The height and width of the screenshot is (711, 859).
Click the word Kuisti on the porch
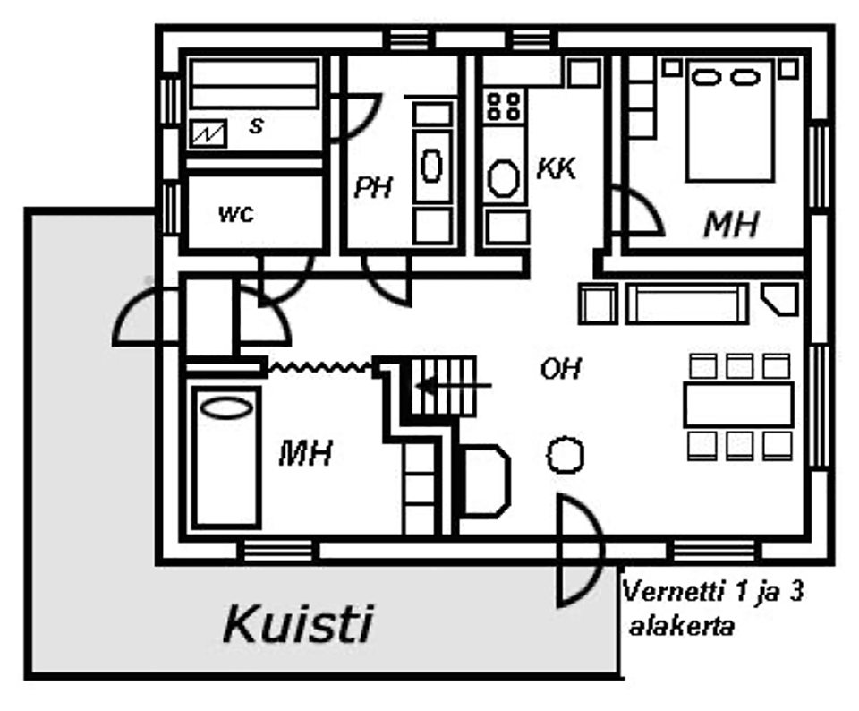[297, 623]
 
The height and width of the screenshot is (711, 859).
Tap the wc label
[236, 215]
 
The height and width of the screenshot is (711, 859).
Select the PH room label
[373, 189]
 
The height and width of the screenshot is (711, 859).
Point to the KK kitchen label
[556, 168]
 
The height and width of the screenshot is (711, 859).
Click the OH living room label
[561, 368]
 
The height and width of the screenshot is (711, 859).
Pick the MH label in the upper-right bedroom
[731, 225]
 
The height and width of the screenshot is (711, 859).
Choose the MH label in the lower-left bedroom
[305, 453]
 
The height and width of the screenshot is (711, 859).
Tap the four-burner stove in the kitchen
[503, 105]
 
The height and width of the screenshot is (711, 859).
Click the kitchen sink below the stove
[503, 176]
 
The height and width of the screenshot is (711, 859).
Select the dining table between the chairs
[738, 405]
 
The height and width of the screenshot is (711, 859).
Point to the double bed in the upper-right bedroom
[729, 121]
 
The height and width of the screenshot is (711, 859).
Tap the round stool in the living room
[565, 455]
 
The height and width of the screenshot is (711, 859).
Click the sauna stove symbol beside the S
[208, 133]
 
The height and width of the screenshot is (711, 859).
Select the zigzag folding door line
[320, 365]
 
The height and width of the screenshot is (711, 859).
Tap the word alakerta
[682, 626]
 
